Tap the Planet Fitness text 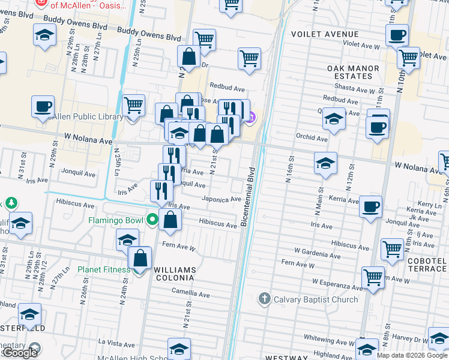pyautogui.click(x=103, y=269)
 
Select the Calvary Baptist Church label pyautogui.click(x=316, y=299)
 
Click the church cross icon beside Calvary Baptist pyautogui.click(x=264, y=298)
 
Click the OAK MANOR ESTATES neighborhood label pyautogui.click(x=354, y=73)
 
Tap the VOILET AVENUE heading pyautogui.click(x=324, y=34)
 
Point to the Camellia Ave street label pyautogui.click(x=191, y=295)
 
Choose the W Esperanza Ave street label pyautogui.click(x=337, y=281)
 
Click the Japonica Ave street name pyautogui.click(x=221, y=199)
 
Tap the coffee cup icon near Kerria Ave pyautogui.click(x=370, y=207)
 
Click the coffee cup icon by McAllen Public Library pyautogui.click(x=43, y=106)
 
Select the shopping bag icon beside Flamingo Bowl pyautogui.click(x=170, y=220)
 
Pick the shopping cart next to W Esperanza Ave pyautogui.click(x=373, y=278)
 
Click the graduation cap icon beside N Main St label pyautogui.click(x=325, y=163)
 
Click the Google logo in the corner pyautogui.click(x=20, y=353)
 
